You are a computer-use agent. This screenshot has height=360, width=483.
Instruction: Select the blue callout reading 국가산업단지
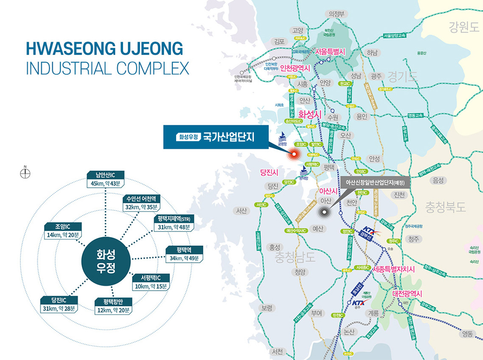point(215,137)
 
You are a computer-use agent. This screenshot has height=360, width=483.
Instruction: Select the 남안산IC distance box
point(105,179)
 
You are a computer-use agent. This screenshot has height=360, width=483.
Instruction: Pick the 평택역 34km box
point(183,254)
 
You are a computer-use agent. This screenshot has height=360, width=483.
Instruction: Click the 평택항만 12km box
point(113,306)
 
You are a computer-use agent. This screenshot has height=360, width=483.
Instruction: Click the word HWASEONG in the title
point(66,49)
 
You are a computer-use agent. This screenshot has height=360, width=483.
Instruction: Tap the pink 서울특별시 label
point(331,51)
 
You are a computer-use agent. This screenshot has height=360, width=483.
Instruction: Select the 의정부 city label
point(336,14)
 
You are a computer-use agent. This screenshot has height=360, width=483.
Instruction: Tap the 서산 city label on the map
point(241,210)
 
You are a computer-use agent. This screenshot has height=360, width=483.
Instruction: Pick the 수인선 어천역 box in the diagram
point(141,203)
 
